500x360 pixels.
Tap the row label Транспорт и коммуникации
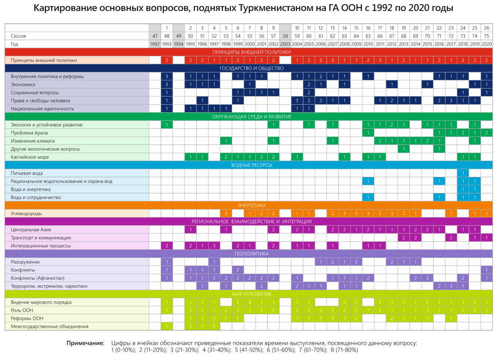pos(41,238)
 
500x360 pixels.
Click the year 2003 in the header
pos(285,44)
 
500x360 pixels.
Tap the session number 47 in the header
pos(155,36)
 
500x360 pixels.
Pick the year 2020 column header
pos(487,44)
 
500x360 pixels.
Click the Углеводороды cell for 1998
pos(226,214)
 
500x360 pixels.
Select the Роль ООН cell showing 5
pos(261,310)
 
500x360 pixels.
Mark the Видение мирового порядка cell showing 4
pos(249,302)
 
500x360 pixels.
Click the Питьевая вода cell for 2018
pos(463,173)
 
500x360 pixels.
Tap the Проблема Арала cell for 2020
pos(487,133)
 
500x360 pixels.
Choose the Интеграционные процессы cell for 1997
pos(214,246)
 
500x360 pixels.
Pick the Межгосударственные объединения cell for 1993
pos(167,326)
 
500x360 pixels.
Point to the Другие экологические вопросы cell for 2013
pos(403,149)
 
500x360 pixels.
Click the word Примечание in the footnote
pos(85,343)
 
